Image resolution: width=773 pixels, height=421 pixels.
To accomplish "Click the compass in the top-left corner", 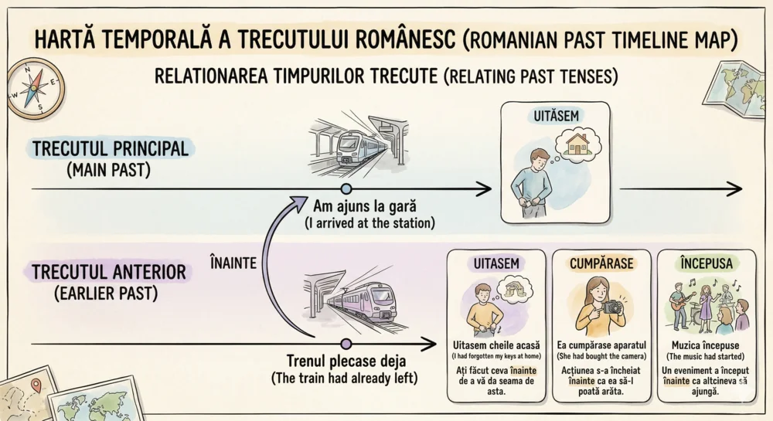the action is pyautogui.click(x=33, y=88).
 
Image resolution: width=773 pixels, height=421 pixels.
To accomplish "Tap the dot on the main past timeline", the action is pyautogui.click(x=346, y=188).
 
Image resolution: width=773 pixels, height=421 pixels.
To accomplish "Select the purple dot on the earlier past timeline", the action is pyautogui.click(x=346, y=342).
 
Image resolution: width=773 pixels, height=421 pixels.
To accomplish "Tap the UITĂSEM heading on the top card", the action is pyautogui.click(x=555, y=117).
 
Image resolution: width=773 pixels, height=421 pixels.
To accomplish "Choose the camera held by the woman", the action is pyautogui.click(x=612, y=307).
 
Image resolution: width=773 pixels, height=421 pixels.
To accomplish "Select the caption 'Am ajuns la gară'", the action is pyautogui.click(x=364, y=207).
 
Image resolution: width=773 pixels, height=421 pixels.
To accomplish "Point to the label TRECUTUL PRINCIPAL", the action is pyautogui.click(x=111, y=148).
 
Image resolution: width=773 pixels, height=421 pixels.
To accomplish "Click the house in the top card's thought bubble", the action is pyautogui.click(x=578, y=144).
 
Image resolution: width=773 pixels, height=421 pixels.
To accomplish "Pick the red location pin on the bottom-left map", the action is pyautogui.click(x=36, y=384).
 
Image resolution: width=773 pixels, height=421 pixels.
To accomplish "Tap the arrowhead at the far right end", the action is pyautogui.click(x=735, y=188).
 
